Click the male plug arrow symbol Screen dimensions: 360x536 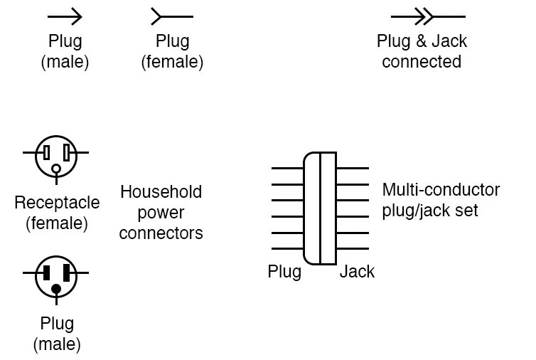tap(65, 16)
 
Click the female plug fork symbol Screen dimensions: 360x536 tap(171, 16)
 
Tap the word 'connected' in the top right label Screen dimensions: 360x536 tap(422, 61)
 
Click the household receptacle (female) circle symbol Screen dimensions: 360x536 tap(55, 156)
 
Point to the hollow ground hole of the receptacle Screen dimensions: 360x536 tap(55, 169)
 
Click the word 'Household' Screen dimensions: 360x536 tap(161, 192)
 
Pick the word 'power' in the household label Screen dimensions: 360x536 tap(161, 212)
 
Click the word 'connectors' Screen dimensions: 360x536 tap(161, 232)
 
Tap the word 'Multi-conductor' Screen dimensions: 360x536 tap(441, 190)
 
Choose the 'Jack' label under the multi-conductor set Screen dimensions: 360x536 tap(357, 272)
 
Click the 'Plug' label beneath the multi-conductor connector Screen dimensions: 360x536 tap(284, 272)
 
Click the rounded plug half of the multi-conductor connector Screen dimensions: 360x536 tap(311, 208)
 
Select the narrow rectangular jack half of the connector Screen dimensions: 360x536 tap(328, 208)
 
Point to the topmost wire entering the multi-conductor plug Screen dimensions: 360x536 tap(287, 168)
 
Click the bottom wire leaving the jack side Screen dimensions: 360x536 tap(353, 249)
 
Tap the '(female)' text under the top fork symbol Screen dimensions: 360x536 tap(172, 62)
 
